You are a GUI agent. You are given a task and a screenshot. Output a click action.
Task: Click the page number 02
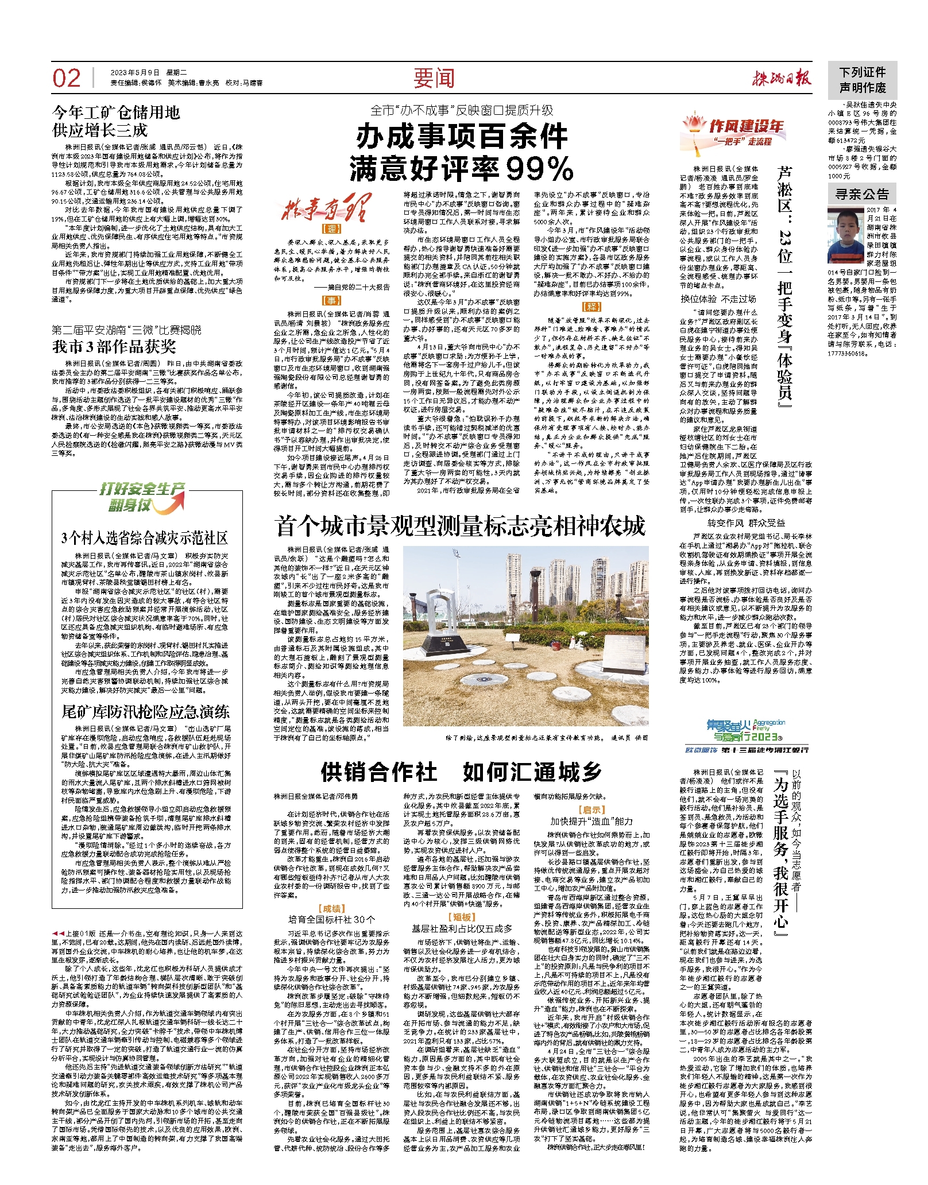tap(67, 78)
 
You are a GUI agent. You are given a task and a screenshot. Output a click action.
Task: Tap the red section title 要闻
tap(434, 79)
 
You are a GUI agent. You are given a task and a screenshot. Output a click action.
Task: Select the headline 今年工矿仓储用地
tap(117, 112)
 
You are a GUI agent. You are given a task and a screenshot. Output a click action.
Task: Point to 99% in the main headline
tap(540, 168)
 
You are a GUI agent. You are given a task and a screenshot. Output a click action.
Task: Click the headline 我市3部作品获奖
tap(114, 347)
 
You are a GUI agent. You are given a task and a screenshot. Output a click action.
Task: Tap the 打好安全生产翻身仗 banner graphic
tap(142, 497)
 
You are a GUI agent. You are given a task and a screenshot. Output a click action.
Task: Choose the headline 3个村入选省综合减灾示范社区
tap(145, 538)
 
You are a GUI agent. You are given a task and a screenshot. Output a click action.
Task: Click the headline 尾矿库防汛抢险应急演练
tap(145, 712)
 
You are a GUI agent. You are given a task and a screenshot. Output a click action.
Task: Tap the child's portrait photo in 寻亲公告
tap(845, 235)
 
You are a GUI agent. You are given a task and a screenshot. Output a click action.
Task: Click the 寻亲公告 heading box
tap(862, 195)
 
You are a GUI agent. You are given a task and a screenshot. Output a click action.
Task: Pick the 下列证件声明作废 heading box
tap(862, 80)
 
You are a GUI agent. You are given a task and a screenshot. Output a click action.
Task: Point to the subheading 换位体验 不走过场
tap(718, 299)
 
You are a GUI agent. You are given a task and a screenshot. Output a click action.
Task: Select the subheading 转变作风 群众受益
tap(745, 523)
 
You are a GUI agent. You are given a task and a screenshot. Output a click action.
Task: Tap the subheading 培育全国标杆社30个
tap(331, 919)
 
